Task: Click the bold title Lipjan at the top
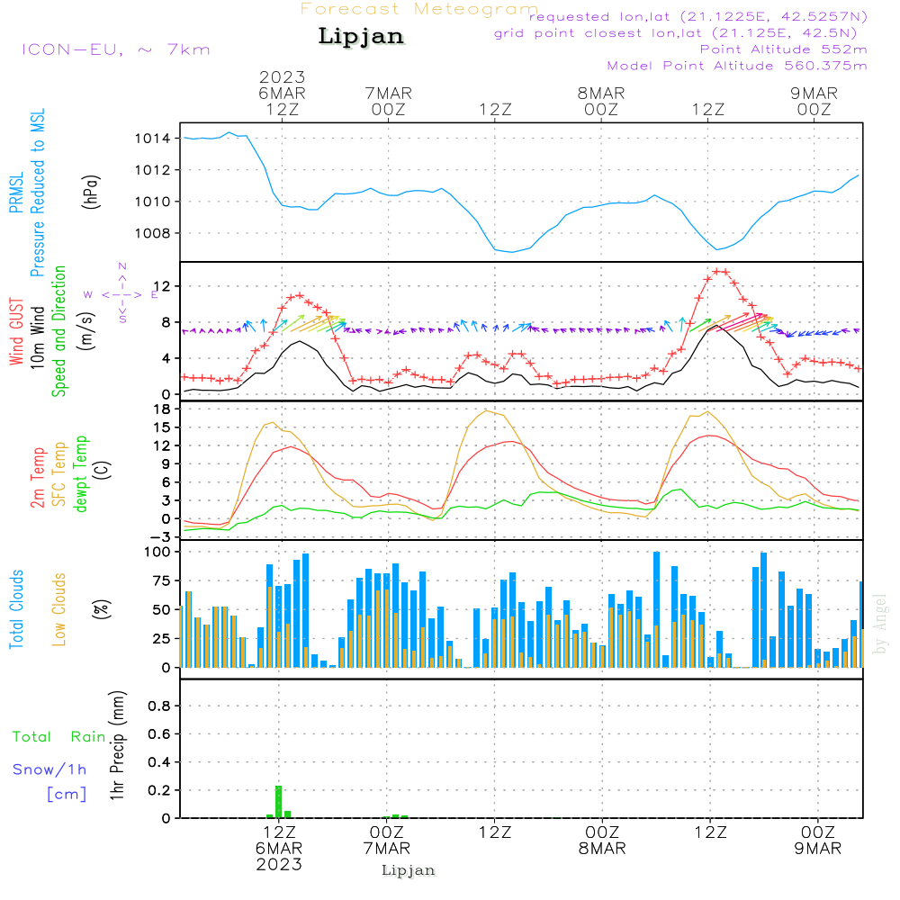(x=361, y=36)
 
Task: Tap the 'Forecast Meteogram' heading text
(x=419, y=10)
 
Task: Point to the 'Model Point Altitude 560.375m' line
(x=737, y=66)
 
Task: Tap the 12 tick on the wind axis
(x=165, y=286)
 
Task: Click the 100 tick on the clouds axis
(x=158, y=551)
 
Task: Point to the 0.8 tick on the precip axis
(x=160, y=706)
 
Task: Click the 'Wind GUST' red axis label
(x=17, y=331)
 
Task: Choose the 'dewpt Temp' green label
(x=81, y=474)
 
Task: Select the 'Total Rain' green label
(x=59, y=737)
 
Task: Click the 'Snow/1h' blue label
(x=50, y=770)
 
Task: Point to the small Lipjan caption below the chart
(x=409, y=870)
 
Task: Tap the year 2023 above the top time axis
(x=283, y=77)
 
